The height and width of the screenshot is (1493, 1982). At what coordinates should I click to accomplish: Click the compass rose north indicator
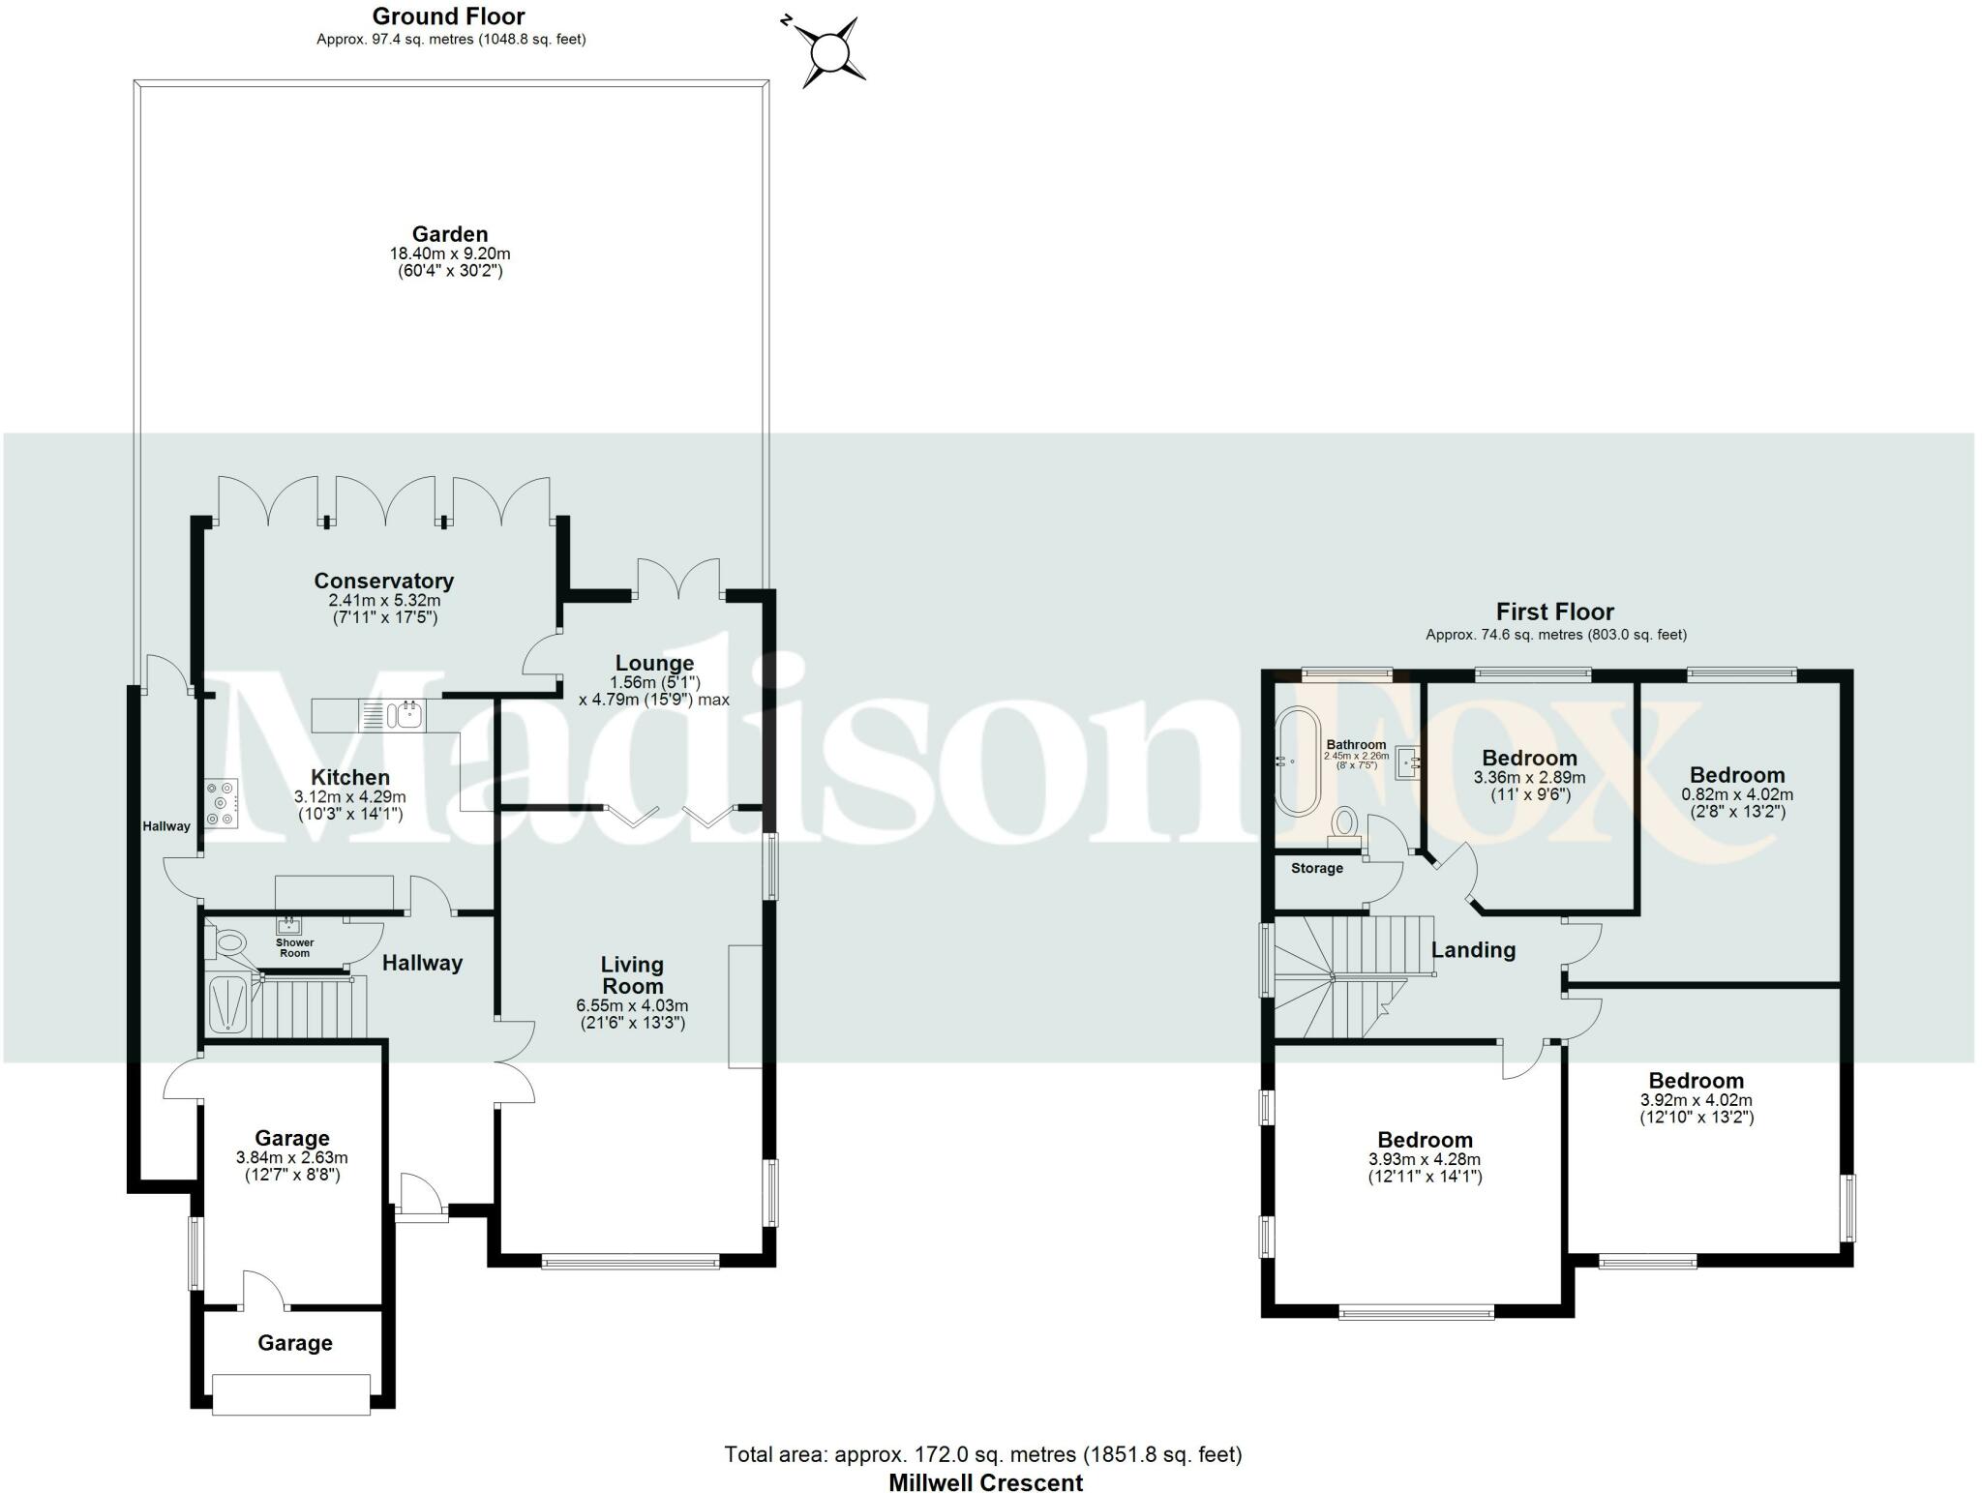tap(828, 51)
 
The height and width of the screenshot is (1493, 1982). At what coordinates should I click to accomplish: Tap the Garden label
tap(450, 234)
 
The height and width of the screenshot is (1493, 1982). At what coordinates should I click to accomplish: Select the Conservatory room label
tap(383, 581)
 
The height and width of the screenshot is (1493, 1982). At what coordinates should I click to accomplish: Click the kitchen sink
tap(405, 716)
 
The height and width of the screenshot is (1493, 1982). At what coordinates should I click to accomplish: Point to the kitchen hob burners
tap(222, 801)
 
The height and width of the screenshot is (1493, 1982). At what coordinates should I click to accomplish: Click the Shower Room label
tap(295, 947)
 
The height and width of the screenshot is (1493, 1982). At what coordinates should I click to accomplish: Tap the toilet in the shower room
tap(228, 941)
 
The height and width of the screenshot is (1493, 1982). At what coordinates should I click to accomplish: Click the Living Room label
tap(632, 975)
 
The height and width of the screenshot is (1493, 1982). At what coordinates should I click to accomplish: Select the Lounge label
tap(654, 664)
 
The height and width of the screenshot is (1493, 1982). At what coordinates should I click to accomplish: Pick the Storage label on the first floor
tap(1316, 868)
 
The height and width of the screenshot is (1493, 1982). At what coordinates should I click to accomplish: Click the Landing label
tap(1473, 950)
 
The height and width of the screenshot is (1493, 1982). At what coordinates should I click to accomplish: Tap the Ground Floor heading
tap(449, 16)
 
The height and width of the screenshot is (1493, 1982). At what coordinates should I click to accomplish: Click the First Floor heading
tap(1554, 612)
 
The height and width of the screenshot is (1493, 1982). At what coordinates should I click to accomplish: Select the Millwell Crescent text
tap(985, 1482)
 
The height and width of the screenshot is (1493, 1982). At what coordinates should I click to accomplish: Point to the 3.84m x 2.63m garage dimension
tap(291, 1157)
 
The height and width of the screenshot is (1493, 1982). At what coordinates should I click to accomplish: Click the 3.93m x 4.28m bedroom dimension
tap(1425, 1159)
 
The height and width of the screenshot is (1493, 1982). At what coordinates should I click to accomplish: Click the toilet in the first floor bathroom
tap(1344, 823)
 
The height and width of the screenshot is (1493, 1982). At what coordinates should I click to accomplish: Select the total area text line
tap(982, 1454)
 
